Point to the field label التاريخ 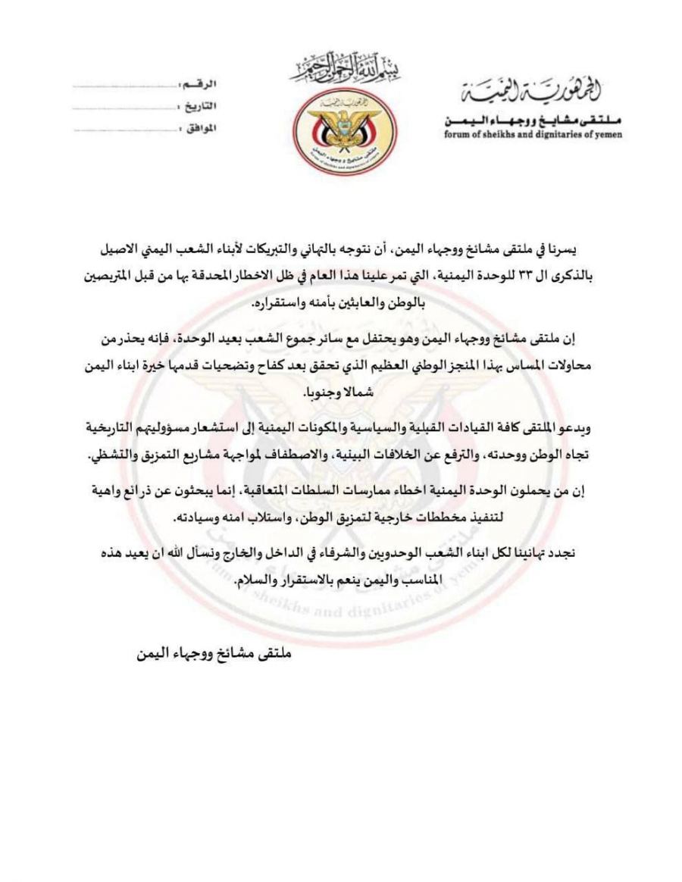(x=197, y=105)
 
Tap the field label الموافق (x=198, y=128)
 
